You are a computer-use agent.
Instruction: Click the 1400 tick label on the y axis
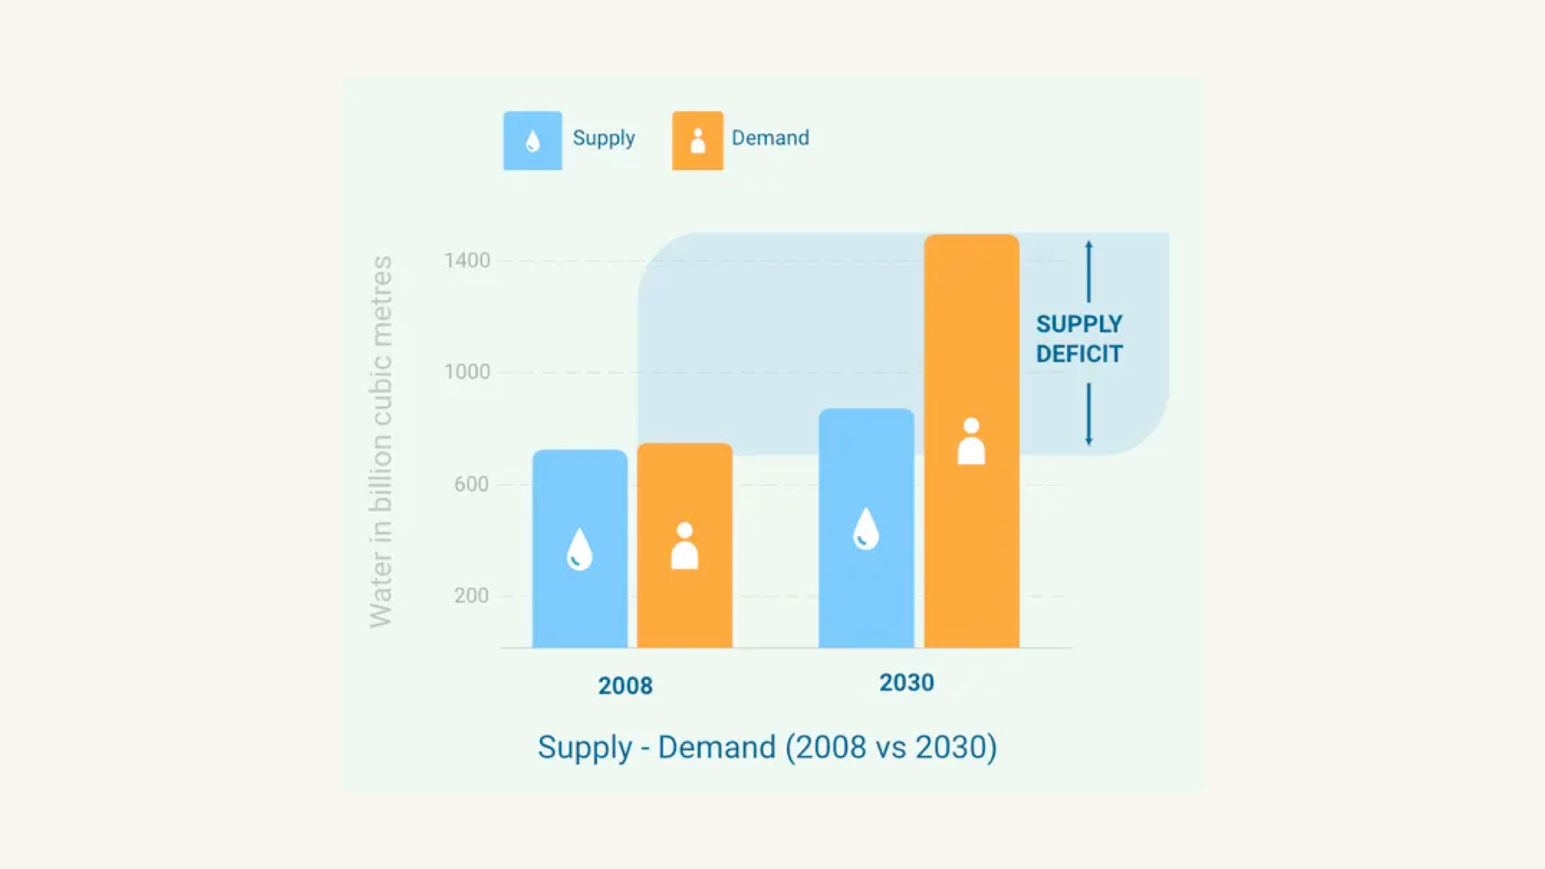pos(467,261)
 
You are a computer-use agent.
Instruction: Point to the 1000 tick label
pos(467,372)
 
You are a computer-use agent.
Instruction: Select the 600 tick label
pos(471,484)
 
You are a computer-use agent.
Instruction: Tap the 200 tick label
pos(471,595)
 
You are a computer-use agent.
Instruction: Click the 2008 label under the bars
pos(625,686)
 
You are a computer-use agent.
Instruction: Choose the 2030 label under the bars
pos(907,682)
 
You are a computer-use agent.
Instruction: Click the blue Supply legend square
pos(533,141)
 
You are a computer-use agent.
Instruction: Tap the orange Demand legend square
pos(698,141)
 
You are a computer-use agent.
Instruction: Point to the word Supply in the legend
pos(604,138)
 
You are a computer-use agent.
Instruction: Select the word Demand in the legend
pos(770,138)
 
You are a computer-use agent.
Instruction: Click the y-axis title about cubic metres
pos(381,442)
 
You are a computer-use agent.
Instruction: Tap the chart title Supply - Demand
pos(767,748)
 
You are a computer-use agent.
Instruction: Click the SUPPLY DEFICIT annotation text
pos(1079,339)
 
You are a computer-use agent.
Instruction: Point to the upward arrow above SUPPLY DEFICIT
pos(1089,271)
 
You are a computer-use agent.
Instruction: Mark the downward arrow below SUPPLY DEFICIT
pos(1089,414)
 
